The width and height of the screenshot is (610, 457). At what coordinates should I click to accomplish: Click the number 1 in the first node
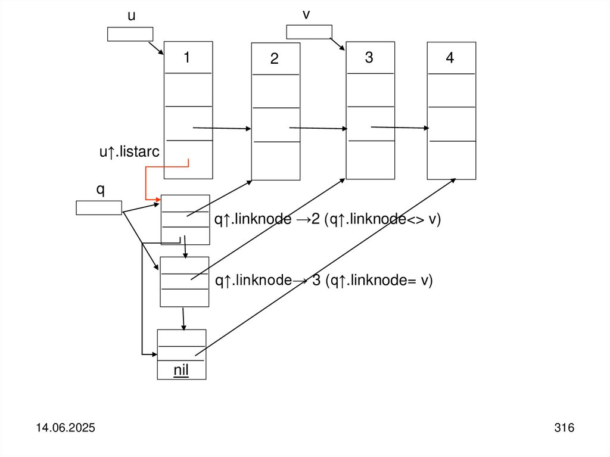tap(187, 58)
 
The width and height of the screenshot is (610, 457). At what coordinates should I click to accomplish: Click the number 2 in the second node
tap(274, 59)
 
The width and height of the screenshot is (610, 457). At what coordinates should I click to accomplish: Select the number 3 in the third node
tap(369, 58)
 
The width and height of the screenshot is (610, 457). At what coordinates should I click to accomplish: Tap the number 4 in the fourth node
tap(450, 58)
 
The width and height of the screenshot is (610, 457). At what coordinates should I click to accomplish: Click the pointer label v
tap(306, 14)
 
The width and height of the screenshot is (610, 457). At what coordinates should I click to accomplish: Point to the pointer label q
tap(100, 189)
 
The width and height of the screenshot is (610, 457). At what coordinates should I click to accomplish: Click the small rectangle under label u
tap(130, 34)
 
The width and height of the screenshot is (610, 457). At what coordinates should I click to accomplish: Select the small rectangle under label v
tap(309, 32)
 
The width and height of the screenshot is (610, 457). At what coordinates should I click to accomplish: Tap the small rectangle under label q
tap(99, 207)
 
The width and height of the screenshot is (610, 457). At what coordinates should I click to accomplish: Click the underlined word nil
tap(181, 371)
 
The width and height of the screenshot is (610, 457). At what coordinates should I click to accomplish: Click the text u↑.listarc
tap(129, 153)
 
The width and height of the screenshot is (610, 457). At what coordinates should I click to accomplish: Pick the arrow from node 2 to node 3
tap(318, 128)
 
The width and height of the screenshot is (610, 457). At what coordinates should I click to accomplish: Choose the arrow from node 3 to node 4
tap(400, 127)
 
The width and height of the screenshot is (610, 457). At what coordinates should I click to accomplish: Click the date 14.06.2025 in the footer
tap(67, 428)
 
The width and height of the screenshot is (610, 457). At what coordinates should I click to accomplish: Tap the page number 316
tap(564, 428)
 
